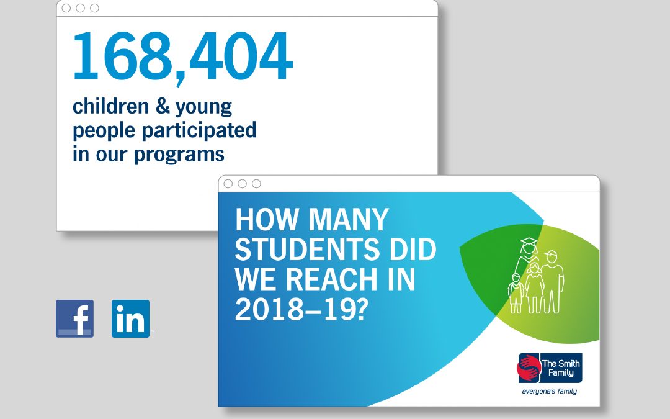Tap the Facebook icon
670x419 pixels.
pos(75,318)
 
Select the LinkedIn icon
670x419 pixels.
pos(131,318)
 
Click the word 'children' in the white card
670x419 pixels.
pos(110,106)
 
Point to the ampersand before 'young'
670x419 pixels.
pos(163,107)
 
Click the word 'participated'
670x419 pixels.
pos(199,130)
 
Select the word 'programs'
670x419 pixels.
pos(179,155)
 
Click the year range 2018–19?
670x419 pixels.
pos(301,310)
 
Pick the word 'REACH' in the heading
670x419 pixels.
pos(331,279)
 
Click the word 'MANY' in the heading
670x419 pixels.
pos(349,219)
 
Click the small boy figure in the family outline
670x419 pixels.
pos(516,293)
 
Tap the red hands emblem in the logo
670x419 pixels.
pos(529,367)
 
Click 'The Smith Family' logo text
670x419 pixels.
pos(561,367)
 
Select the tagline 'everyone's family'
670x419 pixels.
pos(550,391)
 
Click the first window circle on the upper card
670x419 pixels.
pos(66,8)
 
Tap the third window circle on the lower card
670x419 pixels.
pos(256,184)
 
